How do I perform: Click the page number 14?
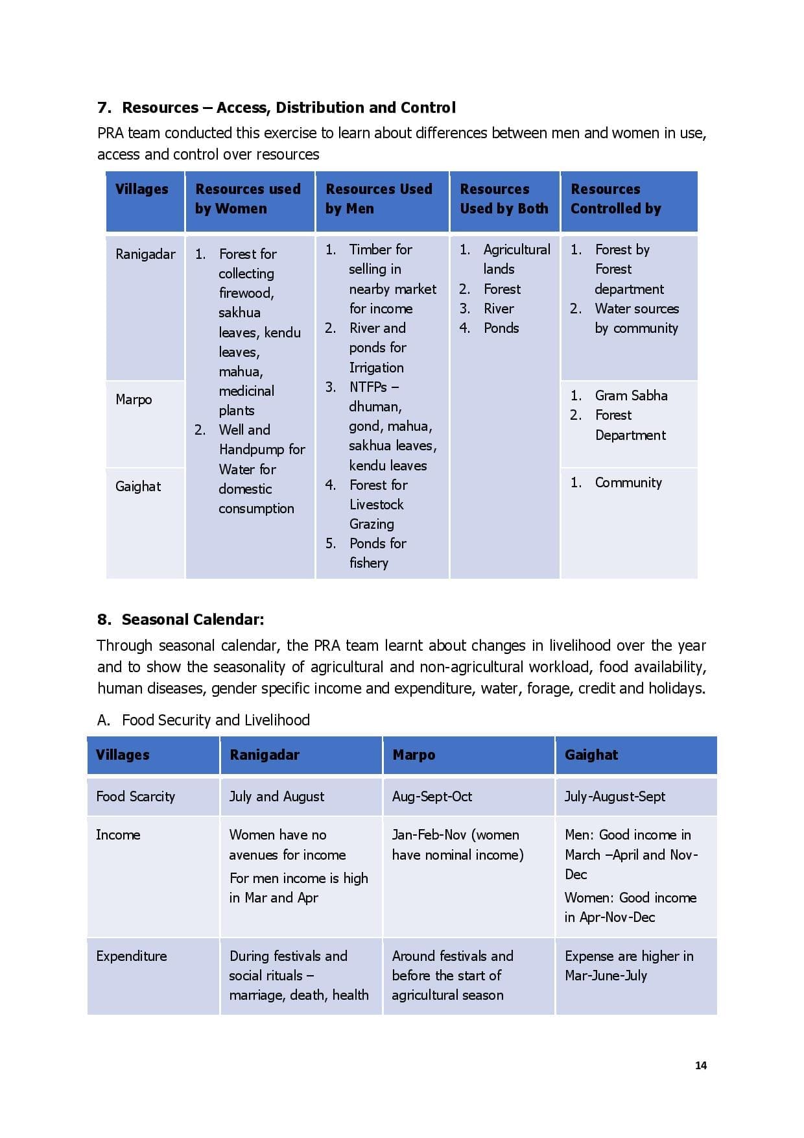pos(700,1065)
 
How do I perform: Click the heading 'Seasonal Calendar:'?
pos(193,620)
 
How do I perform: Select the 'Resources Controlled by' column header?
pos(615,199)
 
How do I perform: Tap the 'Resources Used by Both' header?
pos(504,199)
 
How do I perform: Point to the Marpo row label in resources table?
pos(134,400)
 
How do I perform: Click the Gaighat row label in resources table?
pos(137,487)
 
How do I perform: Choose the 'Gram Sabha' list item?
pos(631,396)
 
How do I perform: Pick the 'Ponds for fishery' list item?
pos(377,553)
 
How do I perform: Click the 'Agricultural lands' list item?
pos(516,259)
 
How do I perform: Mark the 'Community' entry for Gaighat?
pos(628,483)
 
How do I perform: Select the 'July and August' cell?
pos(277,797)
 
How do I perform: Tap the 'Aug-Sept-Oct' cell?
pos(432,797)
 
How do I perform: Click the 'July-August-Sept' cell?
pos(615,797)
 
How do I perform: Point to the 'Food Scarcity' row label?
pos(136,797)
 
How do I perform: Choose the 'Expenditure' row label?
pos(132,956)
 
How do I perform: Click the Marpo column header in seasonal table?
pos(414,755)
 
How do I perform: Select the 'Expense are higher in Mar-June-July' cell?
pos(628,966)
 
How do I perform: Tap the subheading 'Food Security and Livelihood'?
pos(215,720)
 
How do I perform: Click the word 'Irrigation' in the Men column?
pos(376,368)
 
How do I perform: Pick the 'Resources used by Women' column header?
pos(248,199)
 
